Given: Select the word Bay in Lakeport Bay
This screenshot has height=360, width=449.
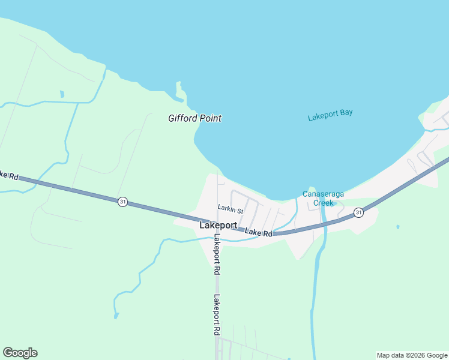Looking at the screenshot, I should (345, 113).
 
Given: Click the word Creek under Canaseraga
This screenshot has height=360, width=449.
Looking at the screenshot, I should (323, 203).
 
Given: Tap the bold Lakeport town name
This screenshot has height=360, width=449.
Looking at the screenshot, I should (217, 226).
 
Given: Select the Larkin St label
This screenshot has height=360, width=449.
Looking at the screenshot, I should (230, 210).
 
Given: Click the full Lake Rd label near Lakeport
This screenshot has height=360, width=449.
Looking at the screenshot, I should (259, 232).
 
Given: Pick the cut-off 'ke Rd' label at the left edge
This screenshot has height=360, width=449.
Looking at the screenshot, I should (9, 176).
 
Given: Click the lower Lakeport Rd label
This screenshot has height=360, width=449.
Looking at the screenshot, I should (215, 314).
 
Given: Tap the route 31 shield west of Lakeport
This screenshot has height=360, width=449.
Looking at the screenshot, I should (122, 202).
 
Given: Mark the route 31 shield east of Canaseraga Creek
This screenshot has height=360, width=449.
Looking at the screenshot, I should (358, 212).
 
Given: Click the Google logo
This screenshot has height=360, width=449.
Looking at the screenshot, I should (20, 353).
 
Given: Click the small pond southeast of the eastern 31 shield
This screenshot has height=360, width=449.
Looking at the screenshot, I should (397, 227).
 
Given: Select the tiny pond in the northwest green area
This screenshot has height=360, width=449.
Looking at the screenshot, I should (62, 94).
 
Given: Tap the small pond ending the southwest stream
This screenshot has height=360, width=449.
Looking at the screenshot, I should (116, 315).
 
